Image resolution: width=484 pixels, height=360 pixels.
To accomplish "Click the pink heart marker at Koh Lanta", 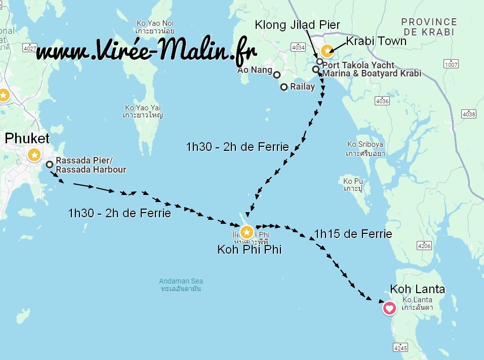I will click(389, 307).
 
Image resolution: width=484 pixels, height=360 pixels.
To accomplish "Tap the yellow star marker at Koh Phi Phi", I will click(247, 232).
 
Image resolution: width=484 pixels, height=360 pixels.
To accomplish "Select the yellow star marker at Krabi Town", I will click(327, 50).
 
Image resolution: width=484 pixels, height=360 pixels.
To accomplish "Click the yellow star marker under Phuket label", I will click(34, 155).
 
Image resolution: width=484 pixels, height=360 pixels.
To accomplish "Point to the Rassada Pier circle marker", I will click(50, 164).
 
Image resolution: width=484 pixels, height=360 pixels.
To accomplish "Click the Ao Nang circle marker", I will click(277, 74).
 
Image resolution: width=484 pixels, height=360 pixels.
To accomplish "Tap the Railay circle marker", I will click(284, 87).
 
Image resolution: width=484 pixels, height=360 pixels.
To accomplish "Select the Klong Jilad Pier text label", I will click(297, 24).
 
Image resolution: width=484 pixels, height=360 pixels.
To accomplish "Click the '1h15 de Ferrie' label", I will click(353, 234).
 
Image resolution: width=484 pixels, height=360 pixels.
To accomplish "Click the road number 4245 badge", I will click(400, 347).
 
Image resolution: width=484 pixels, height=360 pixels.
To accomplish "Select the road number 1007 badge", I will click(451, 64).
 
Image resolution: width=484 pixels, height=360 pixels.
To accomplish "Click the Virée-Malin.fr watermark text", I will click(147, 51).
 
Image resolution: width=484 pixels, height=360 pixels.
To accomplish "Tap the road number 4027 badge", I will click(30, 49).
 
